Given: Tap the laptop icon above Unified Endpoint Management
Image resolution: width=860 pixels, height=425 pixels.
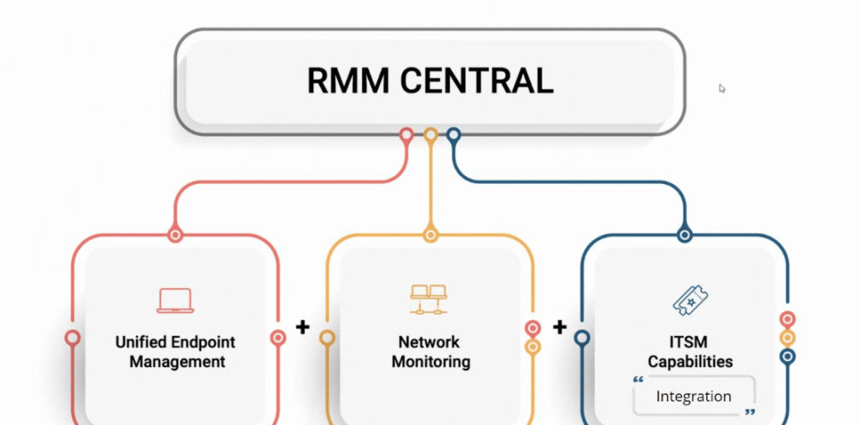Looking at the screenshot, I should coord(176,300).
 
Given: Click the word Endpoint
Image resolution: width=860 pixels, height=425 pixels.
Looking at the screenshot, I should coord(206,342).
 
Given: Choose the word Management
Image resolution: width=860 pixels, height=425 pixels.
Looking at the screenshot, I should coord(176,362).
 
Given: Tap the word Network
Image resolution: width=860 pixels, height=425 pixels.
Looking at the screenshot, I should coord(429,342).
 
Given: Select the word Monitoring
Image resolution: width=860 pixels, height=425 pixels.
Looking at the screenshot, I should coord(429,362).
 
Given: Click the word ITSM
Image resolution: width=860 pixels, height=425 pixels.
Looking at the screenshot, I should coord(690,342).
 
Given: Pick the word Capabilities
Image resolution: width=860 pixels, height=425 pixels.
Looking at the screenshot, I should coord(690,362).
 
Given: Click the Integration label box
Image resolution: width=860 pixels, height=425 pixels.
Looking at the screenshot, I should coord(694,396).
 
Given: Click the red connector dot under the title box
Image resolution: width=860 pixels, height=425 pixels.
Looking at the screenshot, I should coord(406,134).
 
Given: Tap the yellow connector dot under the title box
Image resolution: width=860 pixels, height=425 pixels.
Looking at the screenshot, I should coord(430,134).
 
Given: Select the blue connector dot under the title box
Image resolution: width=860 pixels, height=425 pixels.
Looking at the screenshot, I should coord(454,134).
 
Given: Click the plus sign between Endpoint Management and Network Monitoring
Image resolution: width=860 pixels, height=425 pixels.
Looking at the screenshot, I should coord(302,327).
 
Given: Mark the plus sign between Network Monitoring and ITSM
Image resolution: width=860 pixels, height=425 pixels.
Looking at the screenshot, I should coord(559,327).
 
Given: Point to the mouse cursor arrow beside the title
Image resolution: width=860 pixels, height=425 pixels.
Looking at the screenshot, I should coord(722,88).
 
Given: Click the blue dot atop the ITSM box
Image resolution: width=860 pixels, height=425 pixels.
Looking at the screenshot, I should coord(684,235).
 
